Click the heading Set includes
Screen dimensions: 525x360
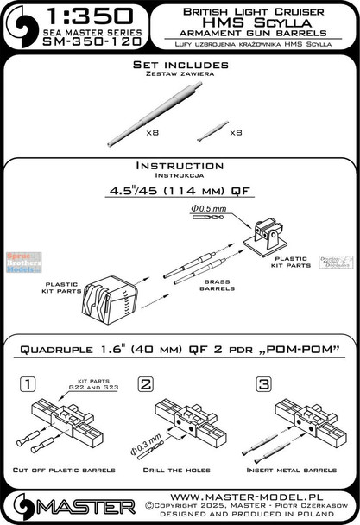point(180,66)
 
